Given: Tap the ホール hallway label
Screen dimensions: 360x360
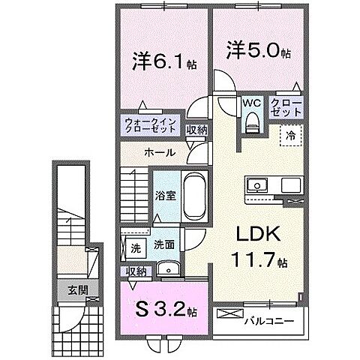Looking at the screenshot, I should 160,152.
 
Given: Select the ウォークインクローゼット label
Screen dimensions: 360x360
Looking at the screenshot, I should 151,125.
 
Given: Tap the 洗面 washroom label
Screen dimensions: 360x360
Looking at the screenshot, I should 164,244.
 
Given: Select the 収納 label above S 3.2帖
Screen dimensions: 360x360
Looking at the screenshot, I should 136,271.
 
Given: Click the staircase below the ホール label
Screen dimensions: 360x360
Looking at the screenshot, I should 133,184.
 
